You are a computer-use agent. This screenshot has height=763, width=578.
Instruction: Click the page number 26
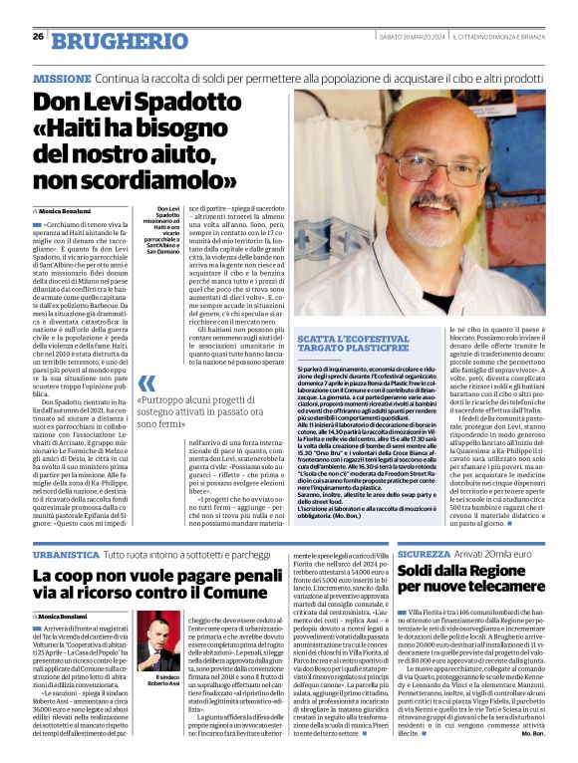click(x=37, y=37)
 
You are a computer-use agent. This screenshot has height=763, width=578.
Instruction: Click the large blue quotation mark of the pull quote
click(x=147, y=383)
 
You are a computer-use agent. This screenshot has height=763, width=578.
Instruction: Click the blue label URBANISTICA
click(x=64, y=552)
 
